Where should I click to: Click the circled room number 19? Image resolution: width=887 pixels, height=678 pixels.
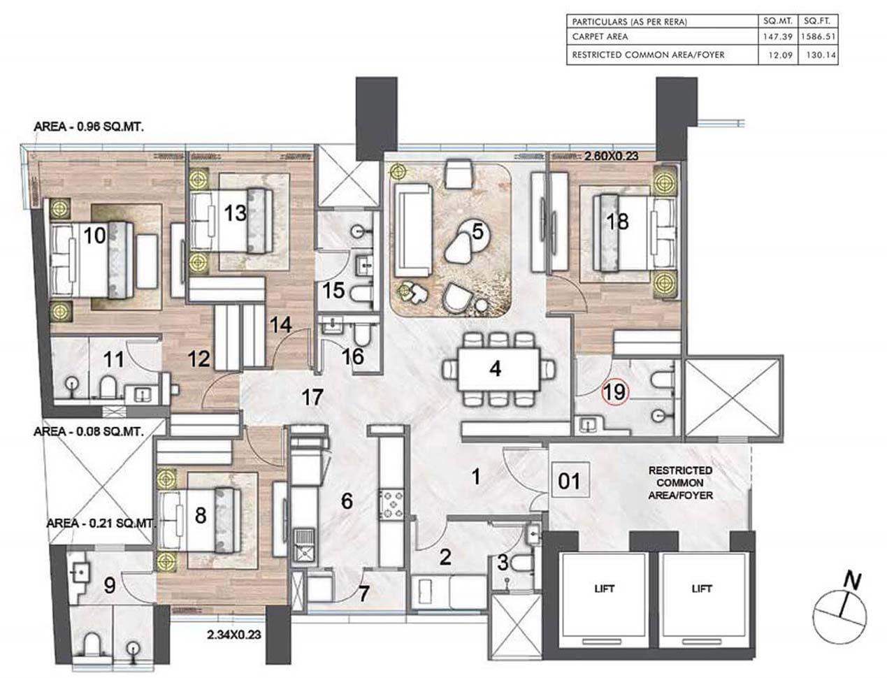(615, 392)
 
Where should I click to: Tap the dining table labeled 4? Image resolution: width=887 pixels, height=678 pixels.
(495, 368)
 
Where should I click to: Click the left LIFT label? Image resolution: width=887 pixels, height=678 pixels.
(605, 589)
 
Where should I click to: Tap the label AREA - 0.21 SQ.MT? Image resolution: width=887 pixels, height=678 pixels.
(99, 523)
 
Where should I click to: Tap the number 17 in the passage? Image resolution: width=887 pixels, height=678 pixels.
(312, 398)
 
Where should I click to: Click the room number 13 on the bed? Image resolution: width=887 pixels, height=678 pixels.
(235, 212)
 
